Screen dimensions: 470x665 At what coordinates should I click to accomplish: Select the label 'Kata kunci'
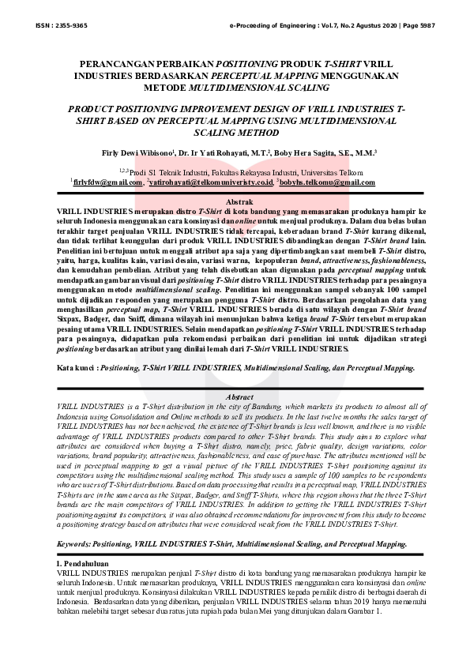pos(77,367)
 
